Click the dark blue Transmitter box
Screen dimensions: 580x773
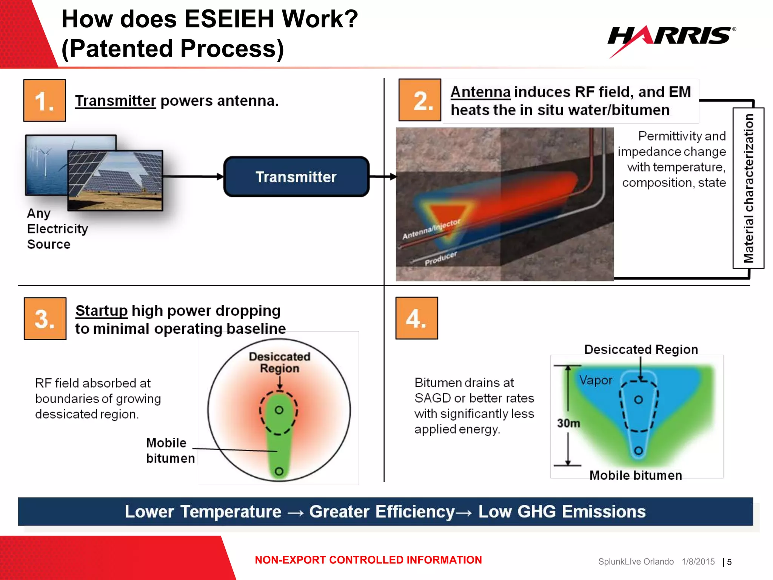pyautogui.click(x=296, y=177)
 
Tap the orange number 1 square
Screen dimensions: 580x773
pyautogui.click(x=45, y=100)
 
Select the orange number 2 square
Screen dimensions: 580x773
pyautogui.click(x=420, y=100)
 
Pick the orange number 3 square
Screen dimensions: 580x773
pyautogui.click(x=45, y=319)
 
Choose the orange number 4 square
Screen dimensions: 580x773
pyautogui.click(x=417, y=318)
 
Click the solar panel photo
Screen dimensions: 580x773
pyautogui.click(x=115, y=180)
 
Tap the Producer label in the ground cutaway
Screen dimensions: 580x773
pyautogui.click(x=440, y=258)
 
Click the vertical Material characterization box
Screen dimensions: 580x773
pyautogui.click(x=748, y=188)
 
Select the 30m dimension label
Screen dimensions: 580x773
pyautogui.click(x=568, y=423)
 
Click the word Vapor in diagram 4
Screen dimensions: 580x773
pyautogui.click(x=596, y=380)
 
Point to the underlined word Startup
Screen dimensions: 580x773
pyautogui.click(x=102, y=311)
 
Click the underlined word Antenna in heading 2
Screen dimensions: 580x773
pyautogui.click(x=480, y=92)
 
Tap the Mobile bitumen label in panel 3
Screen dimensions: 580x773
pyautogui.click(x=170, y=450)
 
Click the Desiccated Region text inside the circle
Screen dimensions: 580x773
pyautogui.click(x=279, y=362)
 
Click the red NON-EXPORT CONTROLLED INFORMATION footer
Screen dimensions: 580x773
pyautogui.click(x=368, y=560)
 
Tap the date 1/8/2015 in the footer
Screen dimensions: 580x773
pyautogui.click(x=698, y=562)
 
